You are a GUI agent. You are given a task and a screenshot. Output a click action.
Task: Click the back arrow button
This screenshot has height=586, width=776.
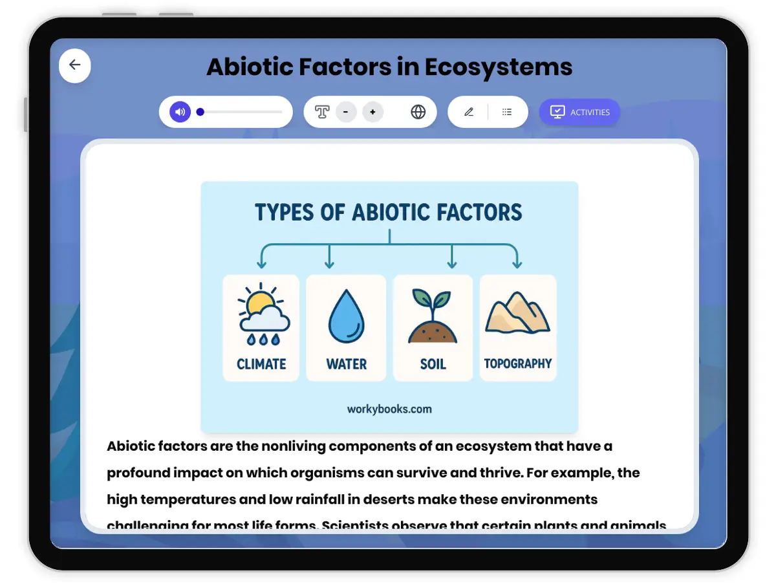pyautogui.click(x=75, y=65)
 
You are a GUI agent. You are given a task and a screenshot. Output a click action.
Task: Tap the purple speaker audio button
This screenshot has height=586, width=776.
pyautogui.click(x=180, y=112)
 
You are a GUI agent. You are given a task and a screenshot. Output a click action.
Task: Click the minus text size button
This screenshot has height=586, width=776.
pyautogui.click(x=346, y=112)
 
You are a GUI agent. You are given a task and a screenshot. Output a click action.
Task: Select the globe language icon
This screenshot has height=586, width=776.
pyautogui.click(x=418, y=112)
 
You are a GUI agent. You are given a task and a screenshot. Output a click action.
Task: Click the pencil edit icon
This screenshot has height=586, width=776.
pyautogui.click(x=469, y=112)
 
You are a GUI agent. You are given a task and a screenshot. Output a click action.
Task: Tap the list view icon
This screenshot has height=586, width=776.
pyautogui.click(x=507, y=112)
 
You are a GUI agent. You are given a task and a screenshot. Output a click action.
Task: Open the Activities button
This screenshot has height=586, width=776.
pyautogui.click(x=579, y=112)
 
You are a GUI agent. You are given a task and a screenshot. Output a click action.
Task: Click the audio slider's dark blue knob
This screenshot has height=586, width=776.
pyautogui.click(x=200, y=112)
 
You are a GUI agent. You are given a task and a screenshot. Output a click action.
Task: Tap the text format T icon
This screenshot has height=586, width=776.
pyautogui.click(x=322, y=112)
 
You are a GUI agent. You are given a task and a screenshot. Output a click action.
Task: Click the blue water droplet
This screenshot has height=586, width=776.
pyautogui.click(x=347, y=316)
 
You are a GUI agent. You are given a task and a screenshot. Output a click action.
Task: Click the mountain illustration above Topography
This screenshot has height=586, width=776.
pyautogui.click(x=517, y=312)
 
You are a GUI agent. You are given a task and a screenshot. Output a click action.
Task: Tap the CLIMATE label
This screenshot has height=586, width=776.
pyautogui.click(x=261, y=364)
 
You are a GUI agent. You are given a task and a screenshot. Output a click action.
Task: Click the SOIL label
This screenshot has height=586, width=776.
pyautogui.click(x=433, y=364)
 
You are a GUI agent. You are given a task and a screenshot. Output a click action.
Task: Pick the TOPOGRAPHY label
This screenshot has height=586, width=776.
pyautogui.click(x=518, y=364)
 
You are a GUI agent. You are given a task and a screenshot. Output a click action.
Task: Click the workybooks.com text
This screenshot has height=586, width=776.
pyautogui.click(x=389, y=409)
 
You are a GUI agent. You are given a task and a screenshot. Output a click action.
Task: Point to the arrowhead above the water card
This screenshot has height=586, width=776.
pyautogui.click(x=330, y=264)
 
